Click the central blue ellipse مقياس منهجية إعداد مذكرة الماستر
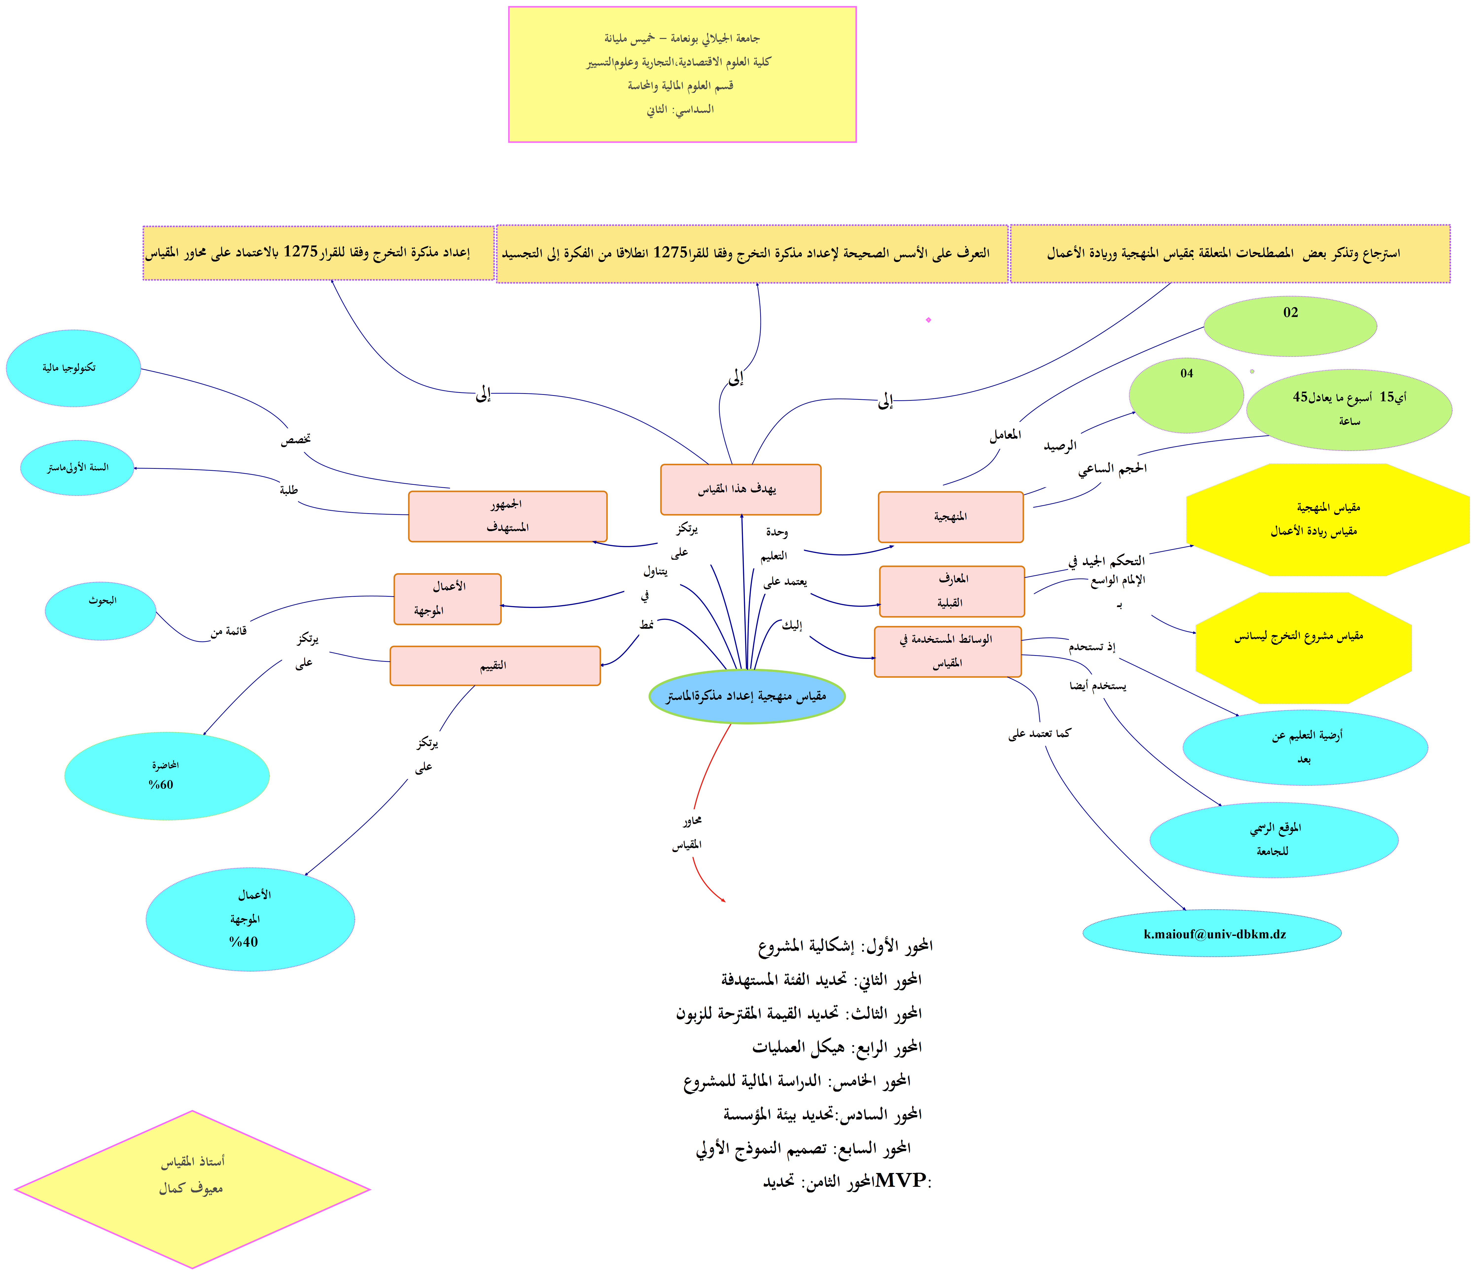pos(747,696)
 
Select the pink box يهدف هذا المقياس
pos(740,490)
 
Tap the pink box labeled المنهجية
pos(951,517)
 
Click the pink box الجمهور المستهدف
pos(508,516)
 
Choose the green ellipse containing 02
pos(1290,326)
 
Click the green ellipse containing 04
pos(1186,396)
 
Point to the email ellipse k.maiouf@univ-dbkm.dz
pos(1212,933)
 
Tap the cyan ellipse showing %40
pos(250,919)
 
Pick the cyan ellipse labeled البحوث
pos(101,611)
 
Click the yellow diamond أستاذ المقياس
pos(192,1189)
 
